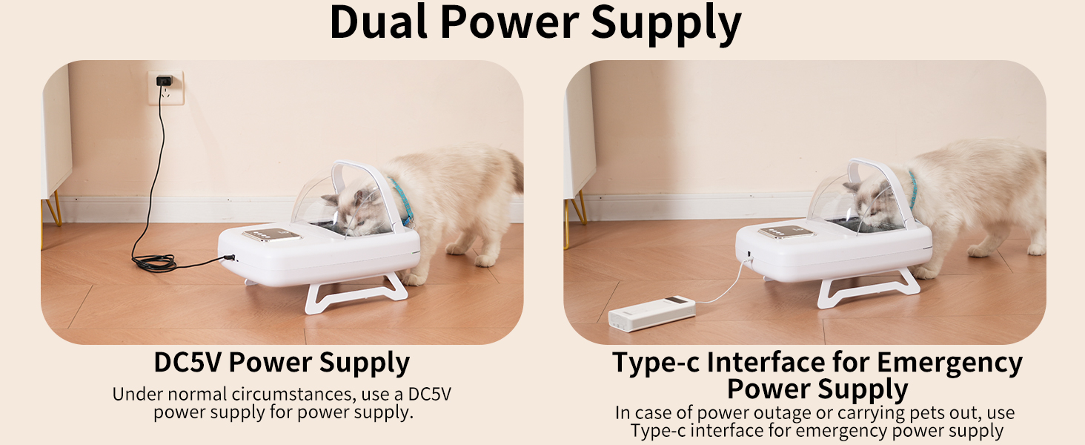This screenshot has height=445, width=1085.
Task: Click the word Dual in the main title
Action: click(379, 22)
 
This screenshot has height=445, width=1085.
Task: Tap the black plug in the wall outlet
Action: click(165, 81)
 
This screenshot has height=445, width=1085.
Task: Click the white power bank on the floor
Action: click(652, 314)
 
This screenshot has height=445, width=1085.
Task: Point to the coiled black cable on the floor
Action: click(154, 263)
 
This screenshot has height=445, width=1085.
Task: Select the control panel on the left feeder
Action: click(272, 234)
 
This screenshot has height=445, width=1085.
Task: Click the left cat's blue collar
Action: click(403, 201)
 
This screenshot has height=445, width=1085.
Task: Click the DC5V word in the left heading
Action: click(189, 362)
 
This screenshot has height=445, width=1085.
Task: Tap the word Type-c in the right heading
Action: click(656, 363)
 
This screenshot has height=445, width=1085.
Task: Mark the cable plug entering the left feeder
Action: click(229, 257)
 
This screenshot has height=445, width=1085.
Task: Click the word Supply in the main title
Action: click(666, 24)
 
